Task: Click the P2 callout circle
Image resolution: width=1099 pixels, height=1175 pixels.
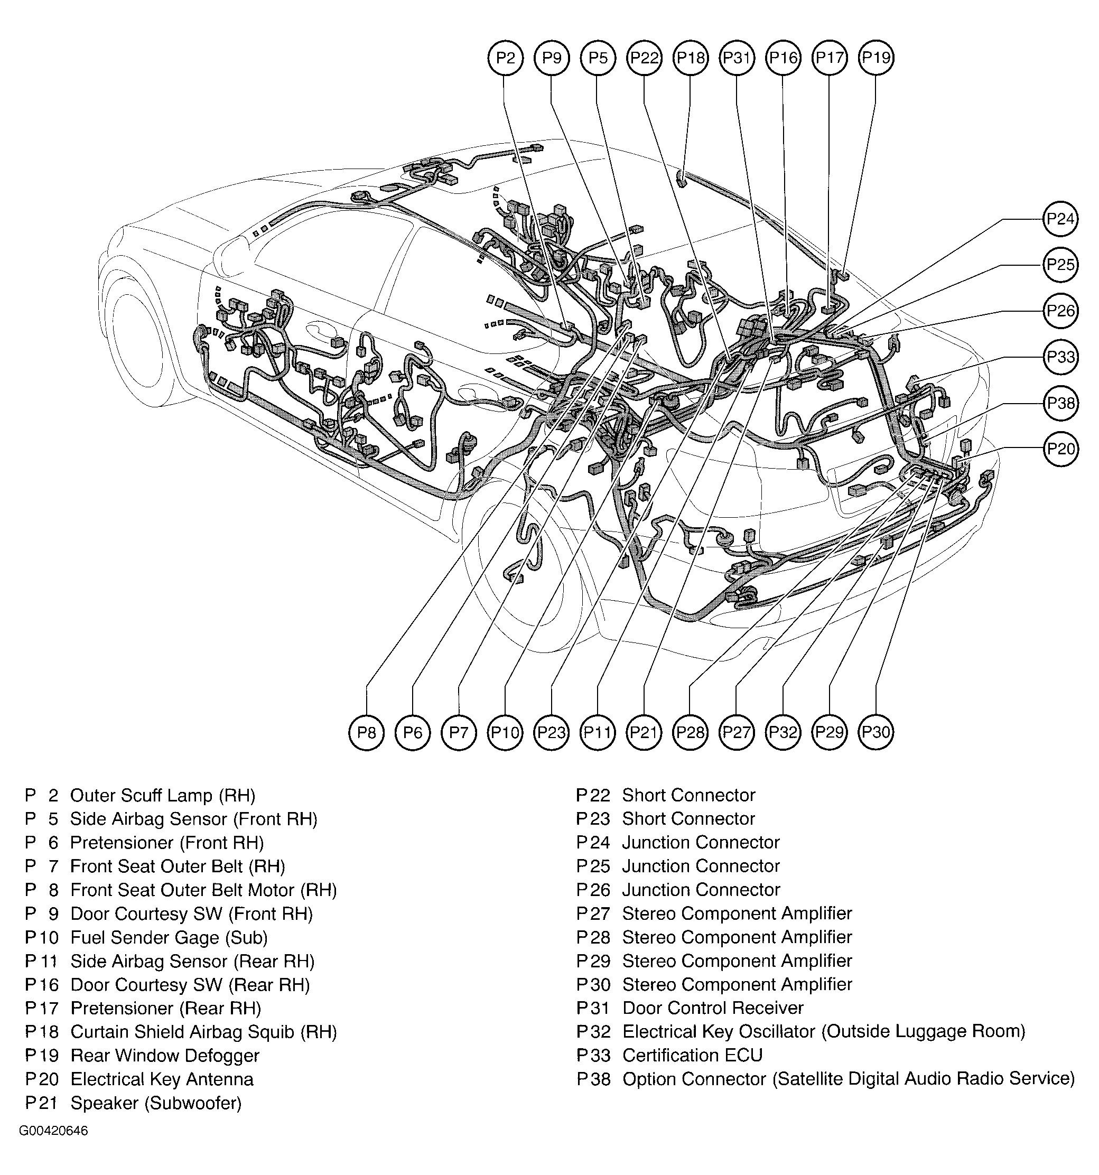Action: pyautogui.click(x=506, y=58)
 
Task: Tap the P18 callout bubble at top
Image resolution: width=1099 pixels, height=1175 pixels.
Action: pyautogui.click(x=691, y=58)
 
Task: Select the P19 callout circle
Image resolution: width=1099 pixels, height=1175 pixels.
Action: pyautogui.click(x=876, y=58)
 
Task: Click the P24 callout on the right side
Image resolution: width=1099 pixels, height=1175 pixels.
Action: pyautogui.click(x=1060, y=219)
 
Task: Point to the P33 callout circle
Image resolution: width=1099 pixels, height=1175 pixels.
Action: pyautogui.click(x=1060, y=357)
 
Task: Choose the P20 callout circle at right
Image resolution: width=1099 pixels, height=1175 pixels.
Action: pyautogui.click(x=1060, y=449)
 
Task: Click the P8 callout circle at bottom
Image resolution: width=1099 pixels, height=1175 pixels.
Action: pyautogui.click(x=367, y=733)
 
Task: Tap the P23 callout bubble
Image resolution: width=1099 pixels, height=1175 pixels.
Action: pyautogui.click(x=551, y=733)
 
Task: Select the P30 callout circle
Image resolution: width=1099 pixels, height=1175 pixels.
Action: pyautogui.click(x=876, y=733)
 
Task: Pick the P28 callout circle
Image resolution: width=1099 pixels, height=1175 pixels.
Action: pyautogui.click(x=691, y=733)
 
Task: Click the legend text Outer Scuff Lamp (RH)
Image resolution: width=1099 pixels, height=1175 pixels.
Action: pyautogui.click(x=163, y=796)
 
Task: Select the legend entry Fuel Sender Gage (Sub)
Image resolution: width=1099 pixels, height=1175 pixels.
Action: pyautogui.click(x=169, y=937)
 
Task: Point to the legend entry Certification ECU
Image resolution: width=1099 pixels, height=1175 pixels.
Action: pyautogui.click(x=692, y=1056)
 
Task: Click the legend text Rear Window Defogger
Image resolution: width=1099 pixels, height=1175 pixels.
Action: pyautogui.click(x=165, y=1056)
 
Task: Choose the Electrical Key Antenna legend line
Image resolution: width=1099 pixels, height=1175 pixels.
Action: pyautogui.click(x=161, y=1079)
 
